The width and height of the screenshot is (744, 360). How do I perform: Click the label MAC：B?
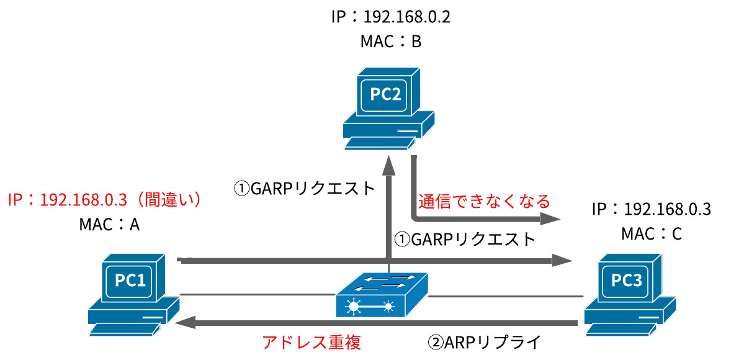pyautogui.click(x=390, y=42)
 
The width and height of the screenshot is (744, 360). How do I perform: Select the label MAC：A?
pyautogui.click(x=109, y=225)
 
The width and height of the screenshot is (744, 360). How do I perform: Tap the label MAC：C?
pyautogui.click(x=651, y=234)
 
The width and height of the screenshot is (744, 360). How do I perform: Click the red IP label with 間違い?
pyautogui.click(x=105, y=200)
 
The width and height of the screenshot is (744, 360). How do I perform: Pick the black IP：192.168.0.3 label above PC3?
pyautogui.click(x=651, y=209)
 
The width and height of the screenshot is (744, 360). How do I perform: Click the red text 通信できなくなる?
pyautogui.click(x=484, y=201)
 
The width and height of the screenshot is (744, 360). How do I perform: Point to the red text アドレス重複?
pyautogui.click(x=312, y=342)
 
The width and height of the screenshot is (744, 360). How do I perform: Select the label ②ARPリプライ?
pyautogui.click(x=485, y=342)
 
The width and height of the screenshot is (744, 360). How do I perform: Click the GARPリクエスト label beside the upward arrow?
pyautogui.click(x=305, y=187)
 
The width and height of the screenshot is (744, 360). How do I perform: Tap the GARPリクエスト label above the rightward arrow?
pyautogui.click(x=465, y=239)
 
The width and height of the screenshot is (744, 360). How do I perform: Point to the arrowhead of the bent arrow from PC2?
pyautogui.click(x=550, y=218)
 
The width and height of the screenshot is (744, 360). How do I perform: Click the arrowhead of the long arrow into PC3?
pyautogui.click(x=562, y=261)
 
